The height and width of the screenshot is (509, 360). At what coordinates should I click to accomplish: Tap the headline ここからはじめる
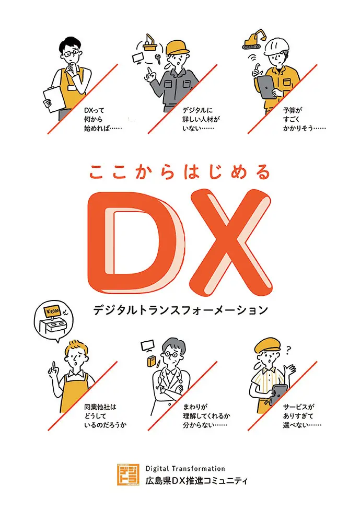click(180, 171)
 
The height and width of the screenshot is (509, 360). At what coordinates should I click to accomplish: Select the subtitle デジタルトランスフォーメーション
click(180, 310)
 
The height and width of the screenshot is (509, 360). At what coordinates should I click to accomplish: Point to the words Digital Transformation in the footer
click(185, 469)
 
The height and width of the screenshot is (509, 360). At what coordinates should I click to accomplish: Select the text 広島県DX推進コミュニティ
click(196, 480)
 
